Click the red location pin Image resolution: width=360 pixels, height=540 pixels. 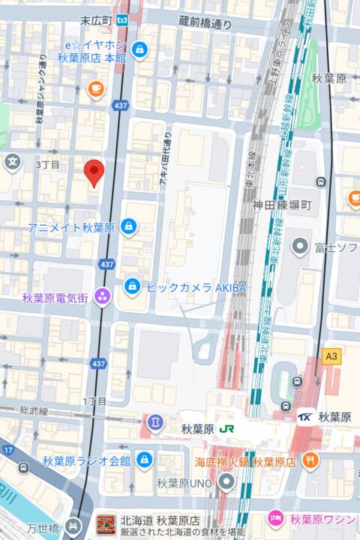[x=93, y=172]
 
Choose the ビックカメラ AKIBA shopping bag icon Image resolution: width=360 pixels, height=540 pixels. [x=132, y=286]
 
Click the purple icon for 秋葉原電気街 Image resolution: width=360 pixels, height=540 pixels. [x=102, y=297]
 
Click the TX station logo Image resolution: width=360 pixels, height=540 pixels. [x=306, y=417]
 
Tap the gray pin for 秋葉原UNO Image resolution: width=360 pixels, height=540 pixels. [x=226, y=482]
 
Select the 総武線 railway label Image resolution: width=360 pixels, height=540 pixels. [x=34, y=411]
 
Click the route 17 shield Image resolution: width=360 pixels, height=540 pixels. [x=8, y=450]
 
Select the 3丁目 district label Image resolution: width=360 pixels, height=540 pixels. [x=47, y=164]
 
